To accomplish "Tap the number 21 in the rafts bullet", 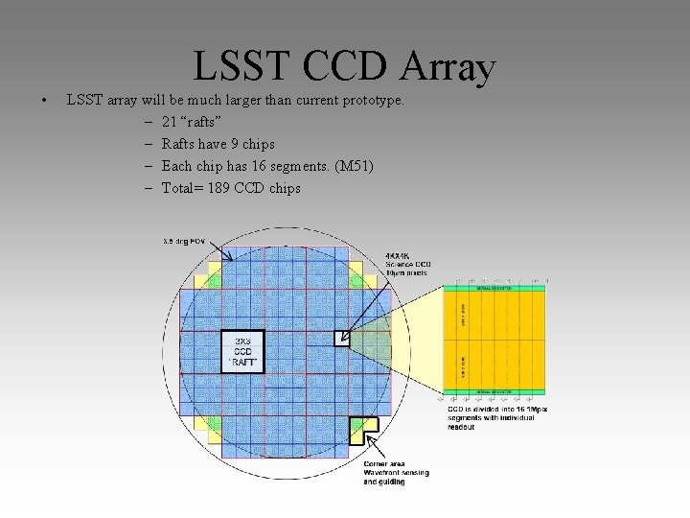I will (x=169, y=122).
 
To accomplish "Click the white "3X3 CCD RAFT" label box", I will (x=241, y=351).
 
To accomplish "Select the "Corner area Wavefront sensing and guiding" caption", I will (x=396, y=473).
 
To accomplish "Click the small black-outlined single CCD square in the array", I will (x=342, y=338).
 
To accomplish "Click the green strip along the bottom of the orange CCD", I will (x=494, y=391).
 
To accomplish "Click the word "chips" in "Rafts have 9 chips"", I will (x=257, y=144).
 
